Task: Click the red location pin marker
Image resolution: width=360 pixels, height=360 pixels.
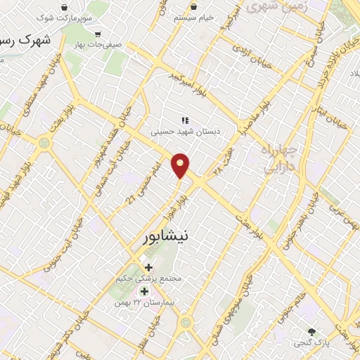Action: click(x=181, y=165)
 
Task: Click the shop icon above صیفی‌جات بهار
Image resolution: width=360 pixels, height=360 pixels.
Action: click(x=97, y=34)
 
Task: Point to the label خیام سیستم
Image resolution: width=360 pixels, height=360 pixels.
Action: click(x=194, y=16)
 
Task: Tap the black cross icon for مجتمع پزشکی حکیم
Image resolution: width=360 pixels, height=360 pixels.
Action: click(x=148, y=267)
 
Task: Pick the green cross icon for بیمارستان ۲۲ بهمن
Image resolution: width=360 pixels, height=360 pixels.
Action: click(x=144, y=291)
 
